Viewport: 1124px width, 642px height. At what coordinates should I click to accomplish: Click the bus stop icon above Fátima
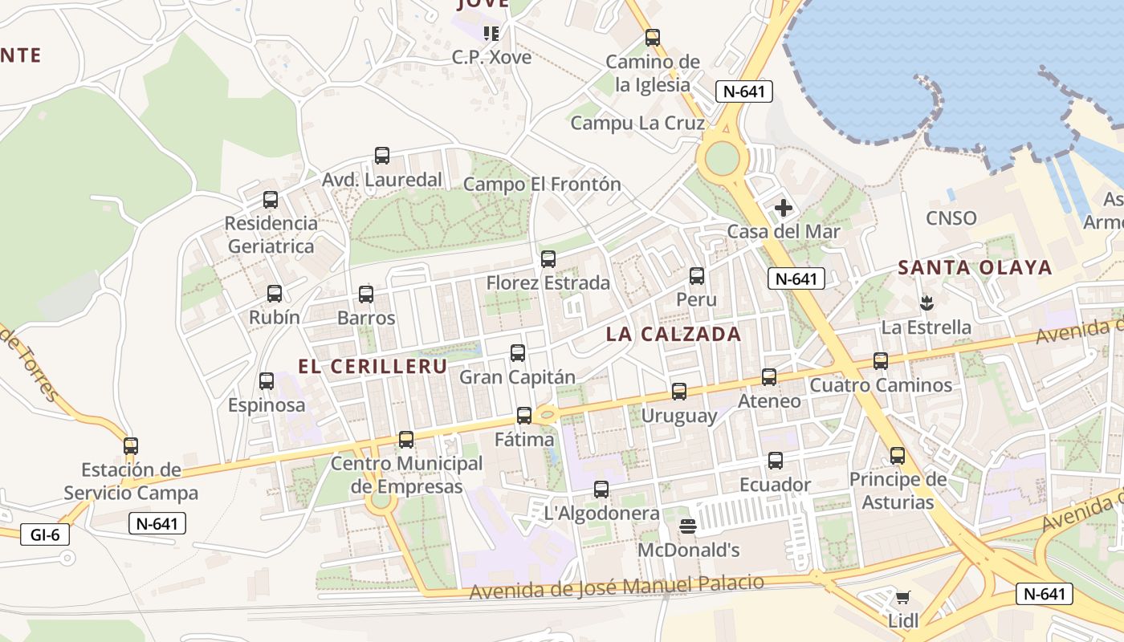[x=524, y=416]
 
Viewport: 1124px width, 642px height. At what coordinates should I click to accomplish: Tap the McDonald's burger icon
[x=687, y=526]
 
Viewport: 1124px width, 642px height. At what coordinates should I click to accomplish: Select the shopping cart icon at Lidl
[x=903, y=597]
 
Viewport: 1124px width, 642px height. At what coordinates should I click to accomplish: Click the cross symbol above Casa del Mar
[x=784, y=209]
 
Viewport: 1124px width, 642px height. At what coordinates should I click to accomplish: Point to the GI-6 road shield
[x=45, y=534]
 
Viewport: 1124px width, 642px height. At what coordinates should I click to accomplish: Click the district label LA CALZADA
[x=674, y=334]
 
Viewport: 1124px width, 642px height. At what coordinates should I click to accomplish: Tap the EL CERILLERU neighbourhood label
[x=373, y=366]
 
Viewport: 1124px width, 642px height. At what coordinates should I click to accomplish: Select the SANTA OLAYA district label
[x=975, y=267]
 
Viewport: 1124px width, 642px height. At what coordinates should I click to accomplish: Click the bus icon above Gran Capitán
[x=518, y=352]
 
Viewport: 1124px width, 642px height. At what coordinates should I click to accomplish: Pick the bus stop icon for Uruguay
[x=679, y=392]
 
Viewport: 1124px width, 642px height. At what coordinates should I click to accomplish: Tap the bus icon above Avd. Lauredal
[x=382, y=156]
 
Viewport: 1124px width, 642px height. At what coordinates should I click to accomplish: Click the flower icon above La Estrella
[x=926, y=303]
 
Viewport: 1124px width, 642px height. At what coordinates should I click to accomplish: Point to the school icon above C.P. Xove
[x=491, y=34]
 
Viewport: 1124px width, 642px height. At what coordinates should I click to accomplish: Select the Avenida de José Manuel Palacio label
[x=617, y=587]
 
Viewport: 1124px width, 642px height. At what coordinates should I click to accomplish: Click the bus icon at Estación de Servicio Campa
[x=131, y=445]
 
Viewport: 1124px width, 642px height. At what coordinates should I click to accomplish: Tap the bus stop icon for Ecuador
[x=776, y=461]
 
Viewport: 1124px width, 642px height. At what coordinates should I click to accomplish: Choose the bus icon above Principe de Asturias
[x=898, y=456]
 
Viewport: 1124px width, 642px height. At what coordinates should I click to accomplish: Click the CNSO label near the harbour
[x=951, y=218]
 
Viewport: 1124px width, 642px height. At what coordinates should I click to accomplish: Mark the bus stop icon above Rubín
[x=275, y=294]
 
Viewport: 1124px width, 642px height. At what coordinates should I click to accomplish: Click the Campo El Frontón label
[x=543, y=184]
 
